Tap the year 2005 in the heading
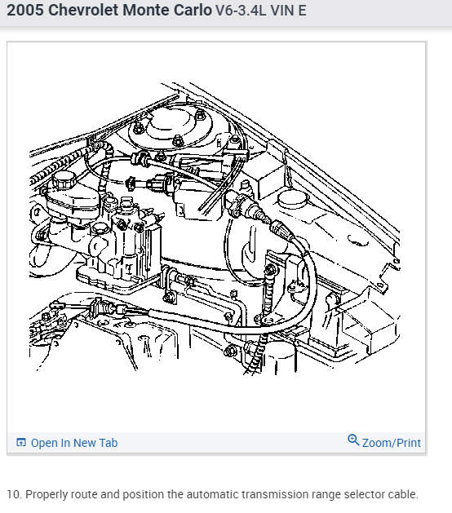(25, 10)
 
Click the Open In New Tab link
(74, 443)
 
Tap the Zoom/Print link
(392, 443)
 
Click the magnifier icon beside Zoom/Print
(353, 440)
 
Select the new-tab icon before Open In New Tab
(21, 442)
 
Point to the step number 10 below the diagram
(13, 494)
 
